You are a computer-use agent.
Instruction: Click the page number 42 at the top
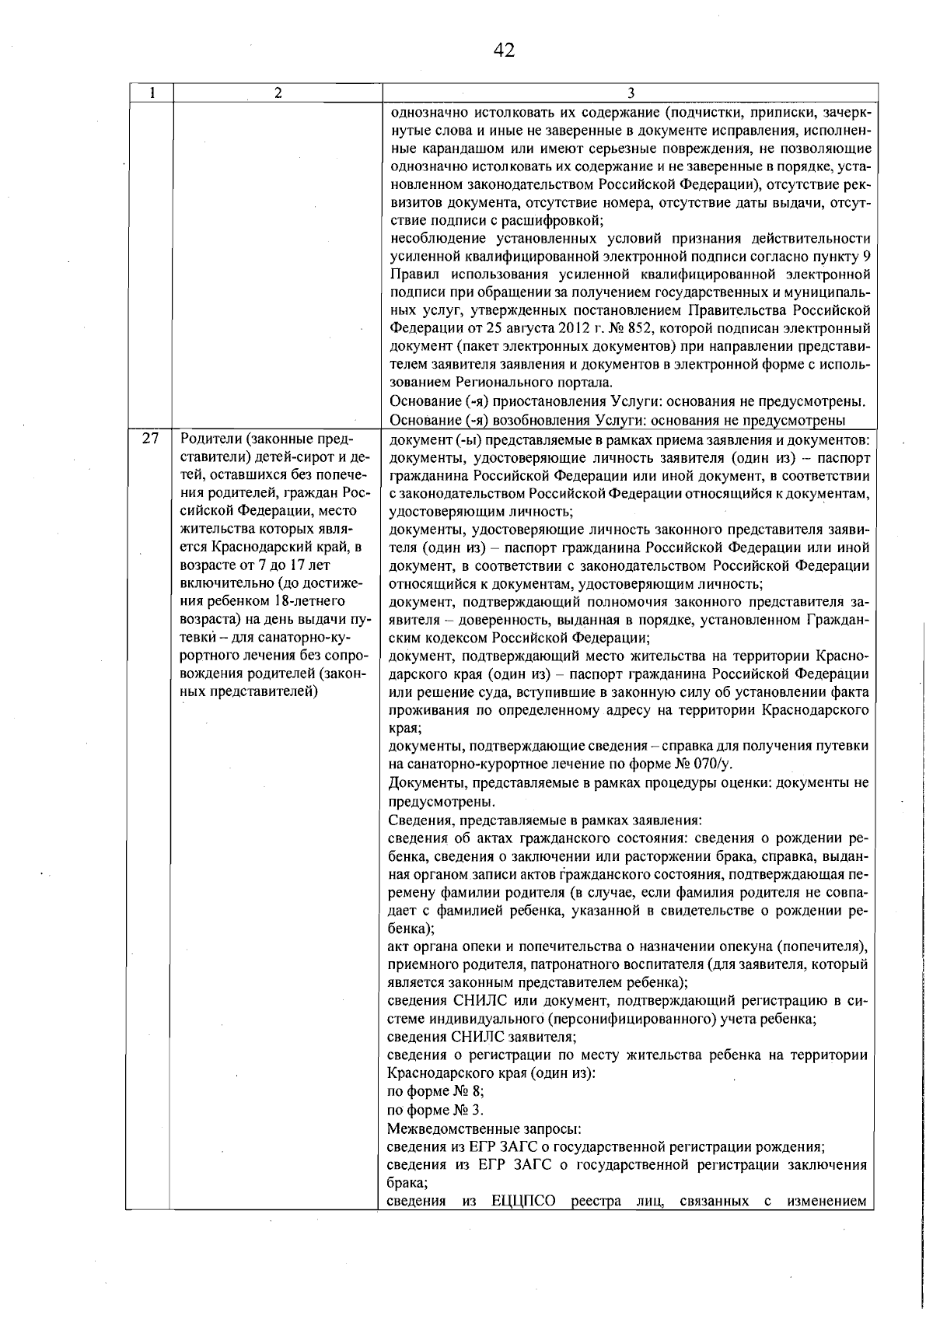coord(504,51)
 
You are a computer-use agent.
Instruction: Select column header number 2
coord(278,93)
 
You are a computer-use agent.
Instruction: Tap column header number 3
coord(631,93)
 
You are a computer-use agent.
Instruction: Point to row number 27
coord(149,439)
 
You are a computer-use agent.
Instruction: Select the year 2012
coord(529,328)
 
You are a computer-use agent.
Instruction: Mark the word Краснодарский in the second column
coord(260,547)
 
